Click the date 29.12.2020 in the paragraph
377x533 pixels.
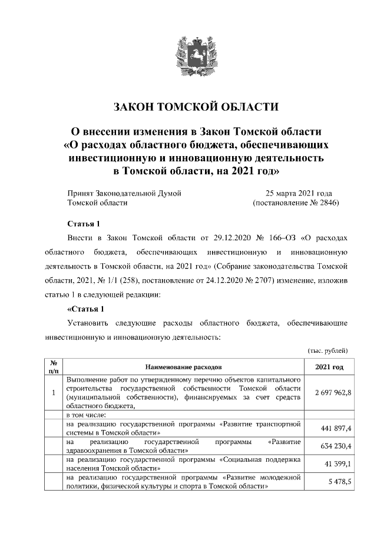(224, 238)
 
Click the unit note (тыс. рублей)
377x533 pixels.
(328, 350)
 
